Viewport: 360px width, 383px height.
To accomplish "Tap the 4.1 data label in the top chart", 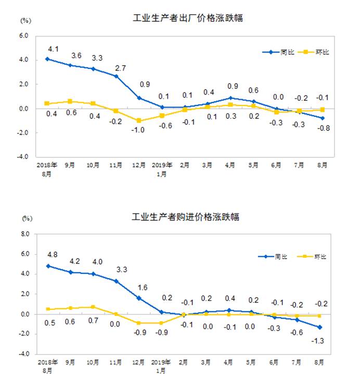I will (52, 49).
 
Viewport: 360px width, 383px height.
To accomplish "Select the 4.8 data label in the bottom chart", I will (52, 255).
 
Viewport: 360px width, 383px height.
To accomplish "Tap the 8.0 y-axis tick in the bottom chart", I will (25, 234).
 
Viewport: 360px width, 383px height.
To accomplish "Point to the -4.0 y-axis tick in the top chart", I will (24, 157).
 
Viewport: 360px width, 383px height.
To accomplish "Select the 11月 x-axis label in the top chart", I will (115, 166).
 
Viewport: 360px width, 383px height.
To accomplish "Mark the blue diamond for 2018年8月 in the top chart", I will (47, 59).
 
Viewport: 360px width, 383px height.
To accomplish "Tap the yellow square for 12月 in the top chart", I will (139, 121).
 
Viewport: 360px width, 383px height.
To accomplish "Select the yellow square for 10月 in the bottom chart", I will (93, 307).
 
